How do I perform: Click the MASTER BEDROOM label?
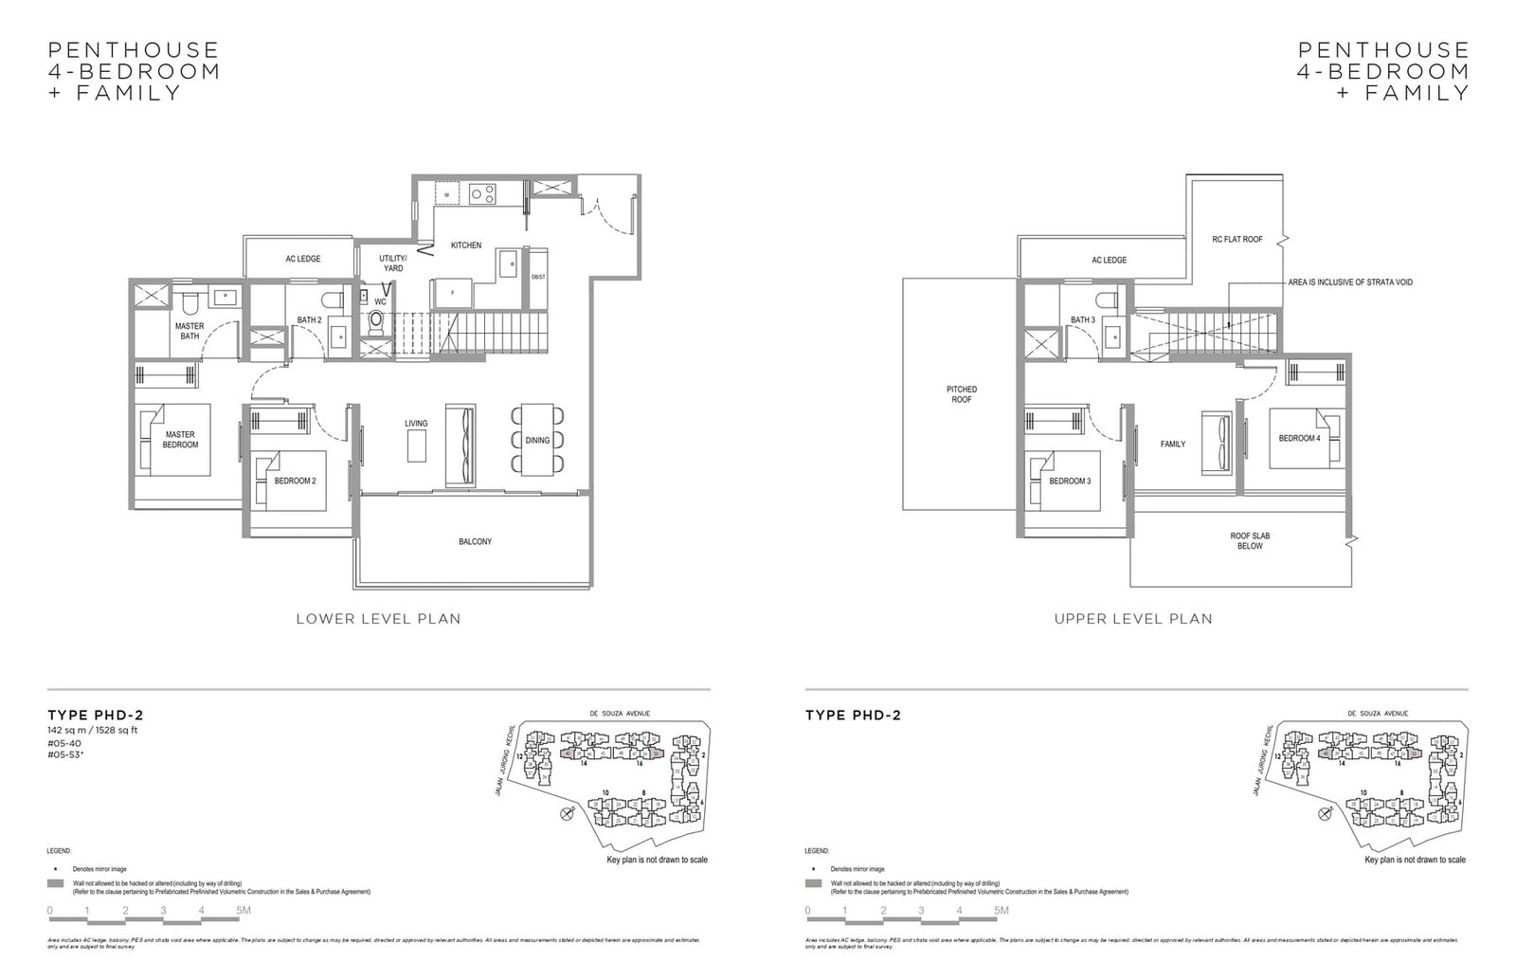coord(180,439)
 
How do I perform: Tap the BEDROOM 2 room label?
coord(295,481)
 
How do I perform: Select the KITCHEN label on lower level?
coord(465,245)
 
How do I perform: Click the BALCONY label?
coord(475,542)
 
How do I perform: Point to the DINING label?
coord(537,440)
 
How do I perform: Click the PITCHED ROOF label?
coord(961,394)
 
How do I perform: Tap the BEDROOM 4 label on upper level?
coord(1298,438)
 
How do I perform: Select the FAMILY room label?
coord(1172,444)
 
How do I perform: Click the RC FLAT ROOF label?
coord(1236,240)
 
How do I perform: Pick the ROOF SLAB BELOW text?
coord(1250,540)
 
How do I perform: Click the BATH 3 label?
coord(1083,320)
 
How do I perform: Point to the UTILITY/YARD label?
coord(392,263)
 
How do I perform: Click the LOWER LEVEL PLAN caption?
coord(378,619)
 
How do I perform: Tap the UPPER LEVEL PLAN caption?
coord(1133,619)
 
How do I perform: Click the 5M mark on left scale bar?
coord(244,911)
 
